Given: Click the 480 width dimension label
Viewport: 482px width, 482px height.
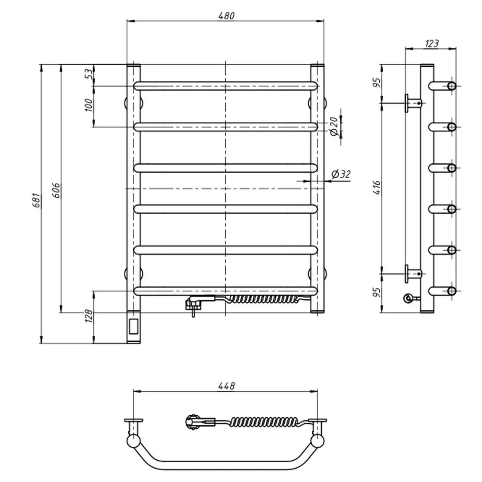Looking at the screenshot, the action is click(227, 16).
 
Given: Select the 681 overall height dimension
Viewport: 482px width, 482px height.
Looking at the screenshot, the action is click(37, 200).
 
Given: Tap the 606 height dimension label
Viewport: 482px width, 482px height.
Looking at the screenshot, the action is click(57, 190).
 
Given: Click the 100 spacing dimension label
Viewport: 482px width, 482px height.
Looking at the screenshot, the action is click(89, 105).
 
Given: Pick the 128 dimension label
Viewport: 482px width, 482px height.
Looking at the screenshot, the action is click(89, 316).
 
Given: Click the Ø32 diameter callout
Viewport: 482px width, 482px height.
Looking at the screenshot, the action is click(341, 174).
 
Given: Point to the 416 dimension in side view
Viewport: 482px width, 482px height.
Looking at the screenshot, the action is click(377, 187).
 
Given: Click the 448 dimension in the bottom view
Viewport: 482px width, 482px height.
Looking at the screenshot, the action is click(227, 386).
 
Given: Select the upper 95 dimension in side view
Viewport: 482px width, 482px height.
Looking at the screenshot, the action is click(377, 83).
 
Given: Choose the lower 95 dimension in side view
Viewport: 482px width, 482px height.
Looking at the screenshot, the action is click(377, 292).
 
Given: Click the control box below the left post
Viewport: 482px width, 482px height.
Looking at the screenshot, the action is click(134, 327).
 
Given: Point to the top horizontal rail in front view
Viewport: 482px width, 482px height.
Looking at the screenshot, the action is click(226, 86).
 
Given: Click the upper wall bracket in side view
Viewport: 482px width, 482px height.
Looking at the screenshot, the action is click(413, 103).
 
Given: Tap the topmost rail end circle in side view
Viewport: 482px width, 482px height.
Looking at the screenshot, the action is click(452, 86).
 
